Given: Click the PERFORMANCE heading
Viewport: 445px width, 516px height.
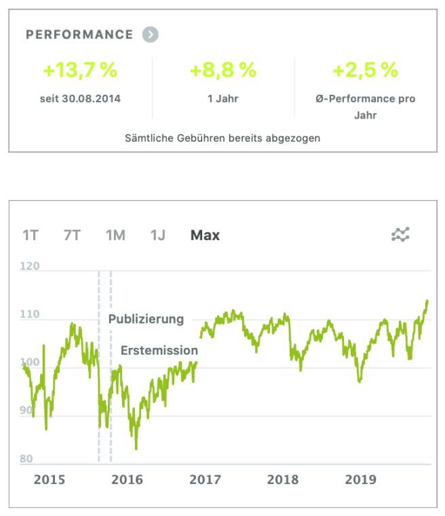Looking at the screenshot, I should click(79, 35).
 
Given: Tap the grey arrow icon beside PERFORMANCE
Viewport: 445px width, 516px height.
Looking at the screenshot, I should click(151, 35).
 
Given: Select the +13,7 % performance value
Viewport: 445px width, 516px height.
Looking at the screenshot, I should click(80, 70).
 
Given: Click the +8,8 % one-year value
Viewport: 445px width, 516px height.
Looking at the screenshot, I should click(223, 70).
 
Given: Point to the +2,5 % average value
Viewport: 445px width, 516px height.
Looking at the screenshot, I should click(365, 70).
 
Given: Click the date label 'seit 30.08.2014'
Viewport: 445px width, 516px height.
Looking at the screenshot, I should click(80, 99).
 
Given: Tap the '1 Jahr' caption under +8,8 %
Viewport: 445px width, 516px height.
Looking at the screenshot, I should click(223, 99).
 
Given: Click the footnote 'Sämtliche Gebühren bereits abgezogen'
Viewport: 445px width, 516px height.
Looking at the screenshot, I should click(222, 138).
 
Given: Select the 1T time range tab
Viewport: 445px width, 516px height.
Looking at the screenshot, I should click(31, 235).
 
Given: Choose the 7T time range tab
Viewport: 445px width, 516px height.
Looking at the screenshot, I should click(72, 235).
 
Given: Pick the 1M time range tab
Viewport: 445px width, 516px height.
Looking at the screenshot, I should click(115, 235).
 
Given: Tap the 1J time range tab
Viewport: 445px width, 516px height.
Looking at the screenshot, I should click(158, 235).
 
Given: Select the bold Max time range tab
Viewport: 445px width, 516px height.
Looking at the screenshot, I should click(205, 235).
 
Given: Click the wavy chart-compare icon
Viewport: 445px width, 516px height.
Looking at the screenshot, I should click(401, 235).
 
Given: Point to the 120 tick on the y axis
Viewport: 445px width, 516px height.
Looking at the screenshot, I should click(30, 267).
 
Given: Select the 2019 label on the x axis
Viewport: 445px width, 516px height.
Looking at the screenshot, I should click(361, 480).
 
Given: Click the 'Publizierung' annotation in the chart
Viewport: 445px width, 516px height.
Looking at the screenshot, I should click(146, 319).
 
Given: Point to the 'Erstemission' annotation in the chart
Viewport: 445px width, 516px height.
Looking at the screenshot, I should click(159, 351).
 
